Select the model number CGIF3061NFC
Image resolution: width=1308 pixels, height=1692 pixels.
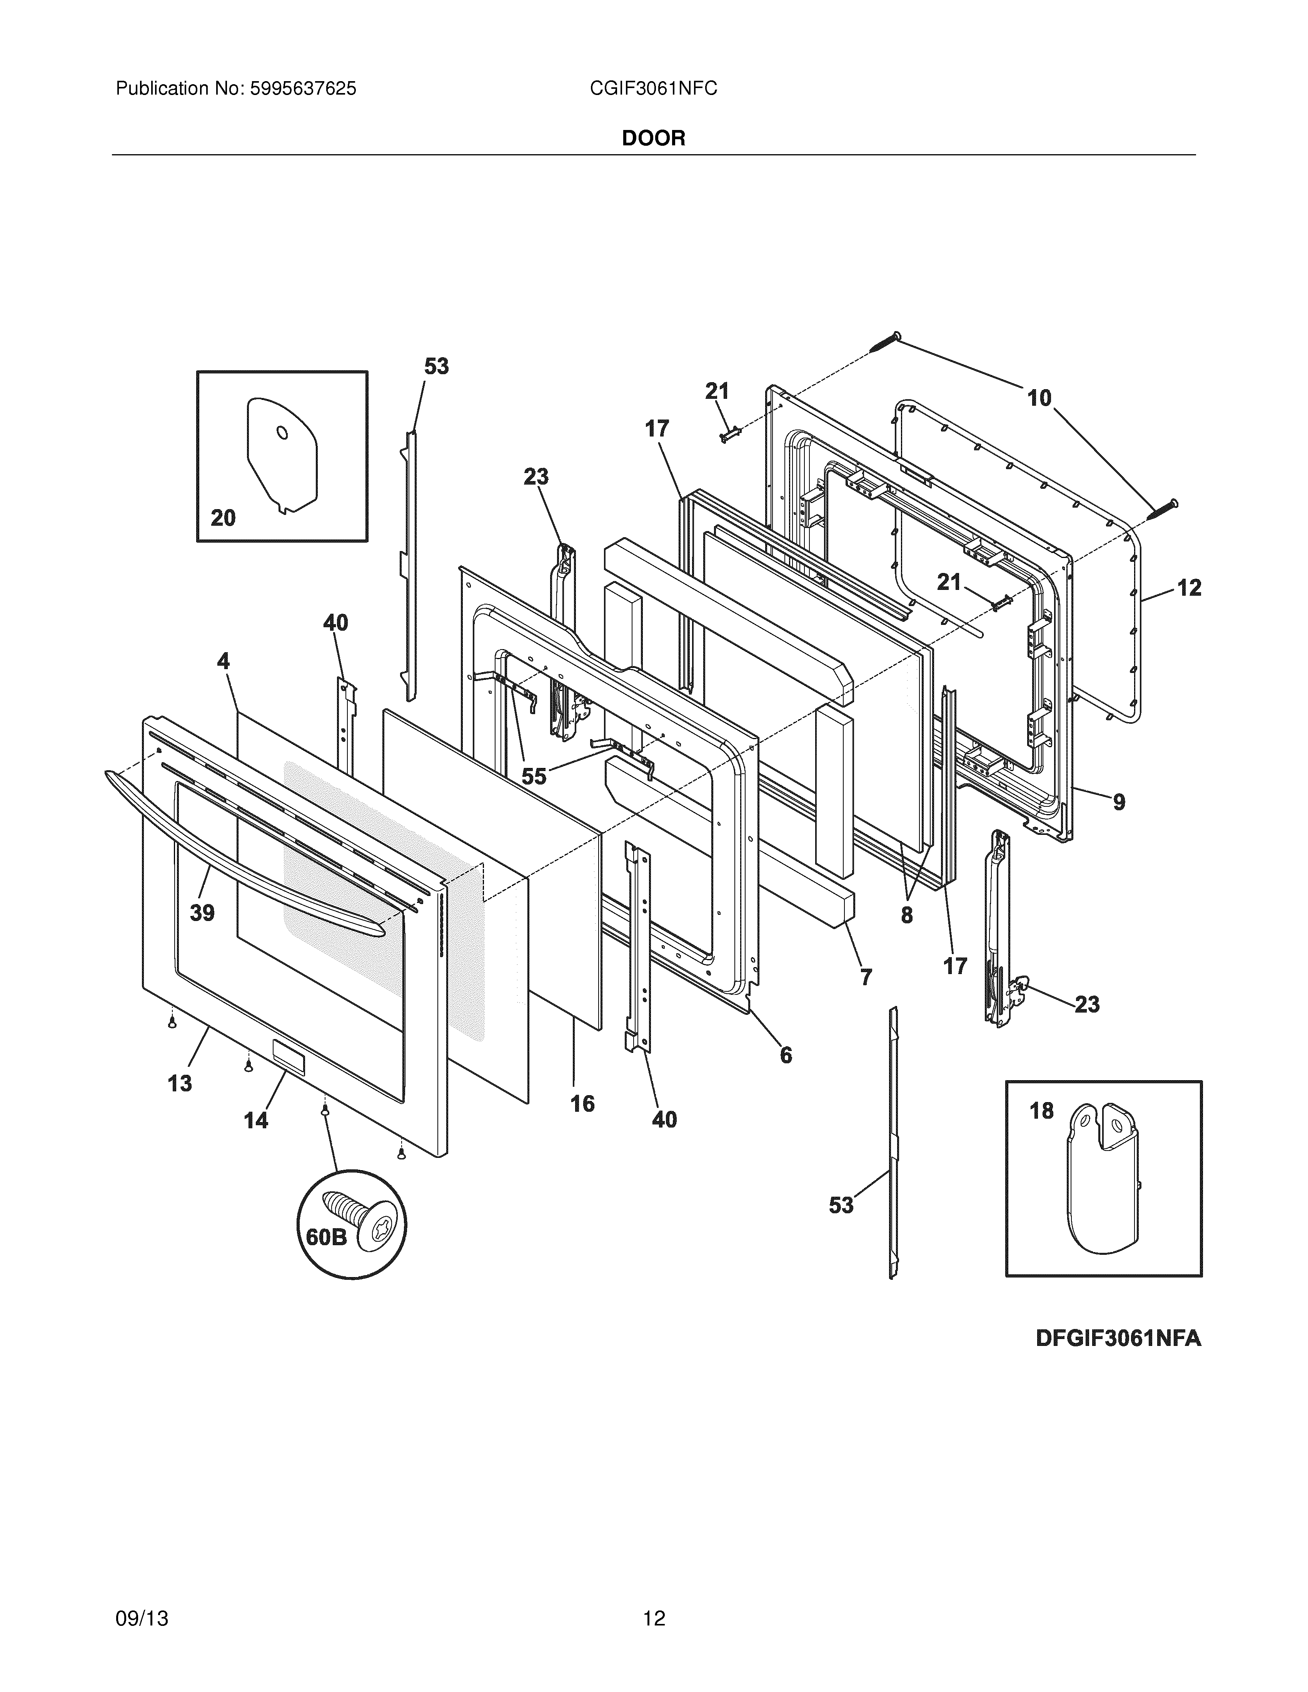coord(653,89)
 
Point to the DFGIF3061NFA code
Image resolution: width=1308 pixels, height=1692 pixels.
coord(1118,1338)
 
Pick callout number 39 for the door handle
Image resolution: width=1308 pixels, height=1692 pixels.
coord(202,913)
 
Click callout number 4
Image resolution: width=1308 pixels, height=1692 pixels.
coord(223,661)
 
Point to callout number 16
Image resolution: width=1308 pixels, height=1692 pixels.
coord(582,1103)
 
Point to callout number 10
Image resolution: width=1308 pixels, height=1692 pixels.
coord(1039,398)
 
